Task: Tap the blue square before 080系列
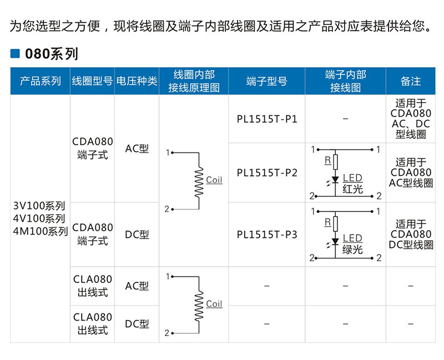coord(16,54)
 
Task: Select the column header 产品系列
coord(41,81)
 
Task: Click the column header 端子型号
coord(266,81)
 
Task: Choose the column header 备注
coord(411,81)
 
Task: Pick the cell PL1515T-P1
coord(266,119)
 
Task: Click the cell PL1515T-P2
coord(266,173)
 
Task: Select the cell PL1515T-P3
coord(266,235)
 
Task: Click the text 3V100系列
coord(39,205)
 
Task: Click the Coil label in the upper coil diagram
coord(214,180)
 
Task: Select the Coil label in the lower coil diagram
coord(214,304)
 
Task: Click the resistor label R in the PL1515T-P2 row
coord(327,161)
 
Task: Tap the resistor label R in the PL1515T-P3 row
coord(327,222)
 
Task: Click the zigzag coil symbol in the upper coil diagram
coord(199,181)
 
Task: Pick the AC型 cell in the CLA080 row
coord(137,286)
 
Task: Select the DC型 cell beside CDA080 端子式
coord(137,235)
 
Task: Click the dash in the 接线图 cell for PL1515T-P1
coord(345,119)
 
